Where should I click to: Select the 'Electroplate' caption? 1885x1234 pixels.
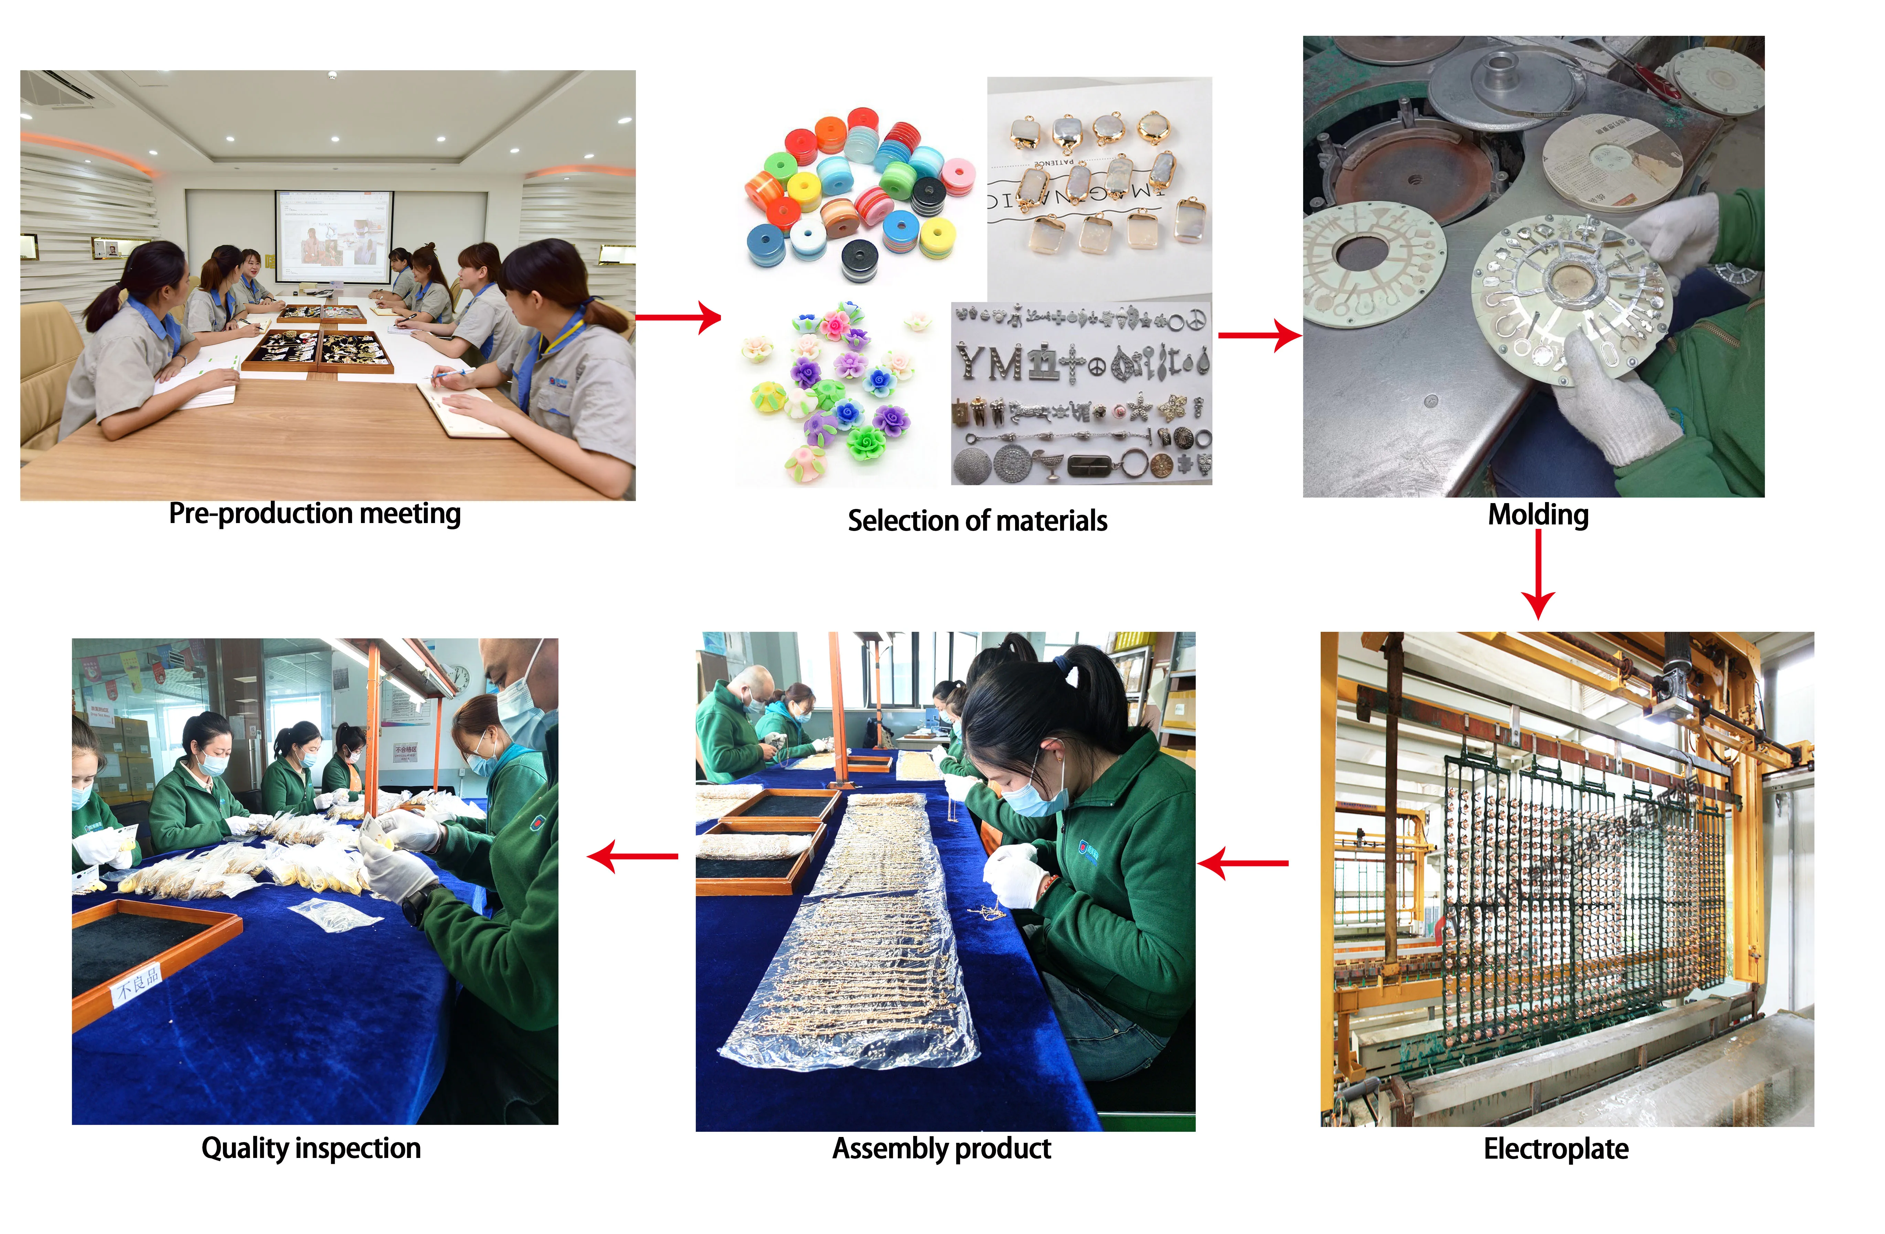click(1556, 1148)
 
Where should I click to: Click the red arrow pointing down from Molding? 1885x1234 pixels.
click(1538, 574)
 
